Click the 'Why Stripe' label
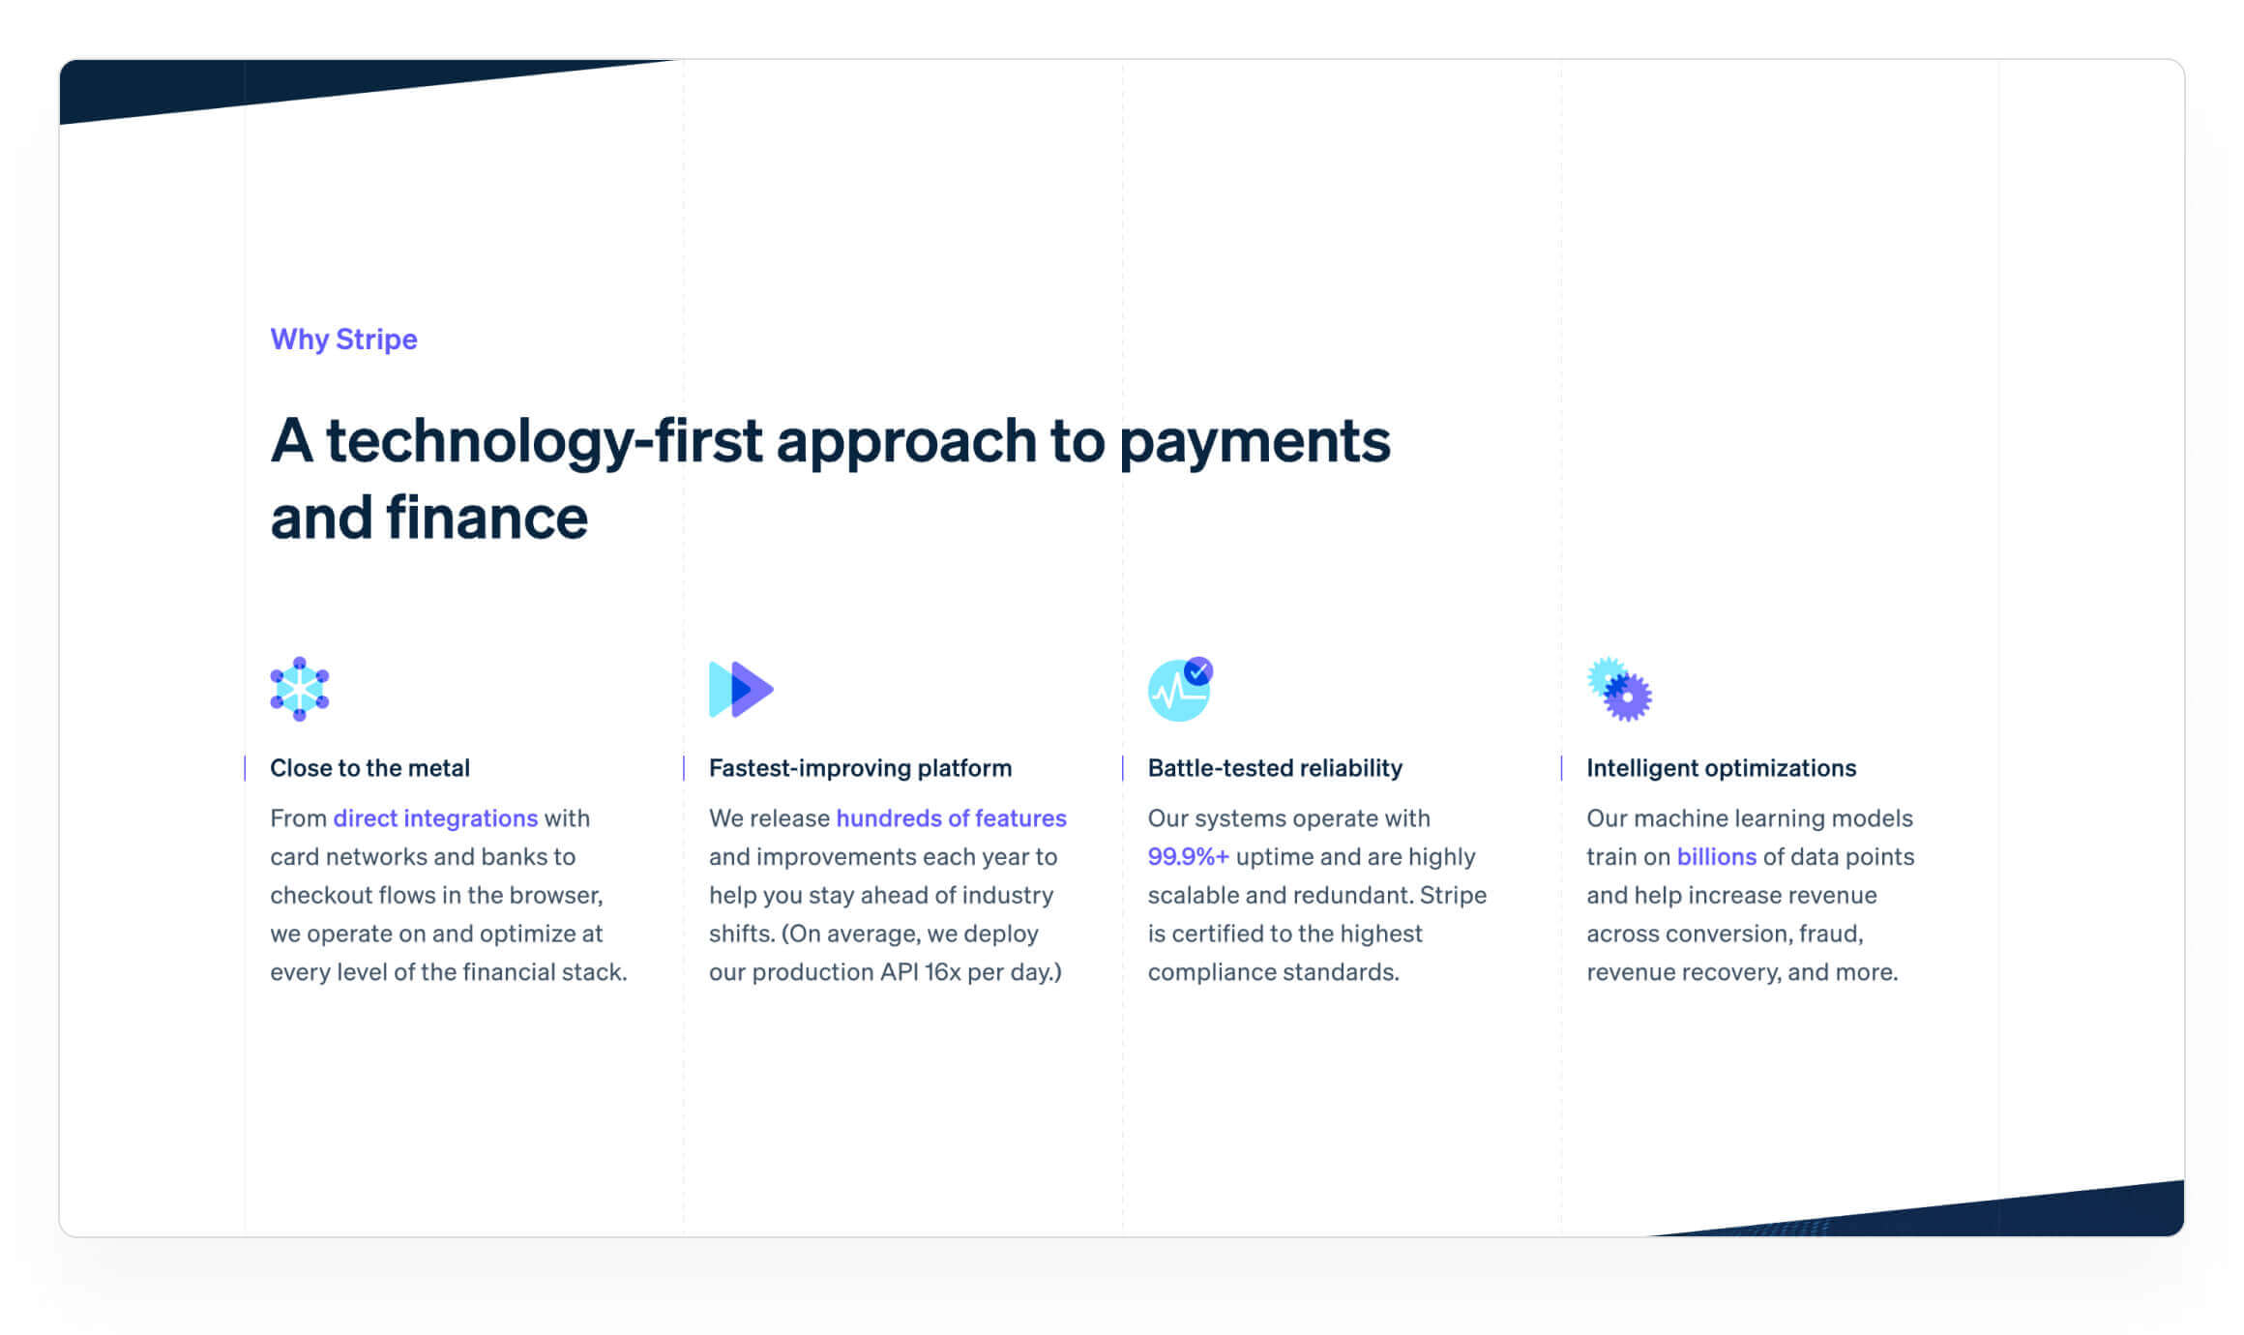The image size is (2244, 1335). point(343,340)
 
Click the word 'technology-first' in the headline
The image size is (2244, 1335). point(544,442)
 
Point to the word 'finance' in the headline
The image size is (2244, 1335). point(487,518)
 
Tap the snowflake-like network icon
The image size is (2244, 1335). point(300,689)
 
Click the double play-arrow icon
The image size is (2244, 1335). point(741,689)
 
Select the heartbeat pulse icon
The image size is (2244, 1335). point(1179,689)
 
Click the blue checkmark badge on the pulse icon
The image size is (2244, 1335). point(1198,670)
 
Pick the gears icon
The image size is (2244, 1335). point(1619,689)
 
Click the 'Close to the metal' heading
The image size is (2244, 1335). point(369,768)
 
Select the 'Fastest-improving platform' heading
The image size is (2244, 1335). point(860,768)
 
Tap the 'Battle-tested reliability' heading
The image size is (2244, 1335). point(1275,768)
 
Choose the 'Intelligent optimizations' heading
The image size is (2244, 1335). point(1721,768)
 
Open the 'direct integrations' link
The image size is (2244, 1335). point(435,818)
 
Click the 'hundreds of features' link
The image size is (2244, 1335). point(951,818)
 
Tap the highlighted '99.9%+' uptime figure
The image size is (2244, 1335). point(1188,857)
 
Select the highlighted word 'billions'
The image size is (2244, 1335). point(1716,857)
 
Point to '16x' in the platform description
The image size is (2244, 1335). point(942,972)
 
